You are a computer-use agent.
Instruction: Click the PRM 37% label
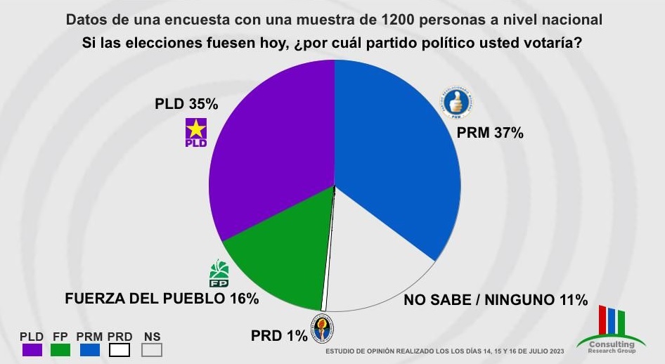click(490, 133)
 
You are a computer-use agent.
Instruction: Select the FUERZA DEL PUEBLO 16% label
click(162, 298)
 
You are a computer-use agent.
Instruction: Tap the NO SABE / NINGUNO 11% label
click(495, 300)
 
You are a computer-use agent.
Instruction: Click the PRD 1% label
click(279, 335)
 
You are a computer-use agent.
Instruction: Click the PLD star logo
click(195, 132)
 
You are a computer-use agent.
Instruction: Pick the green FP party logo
click(219, 274)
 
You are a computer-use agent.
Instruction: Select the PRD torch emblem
click(323, 328)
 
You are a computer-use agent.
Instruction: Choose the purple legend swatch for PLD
click(32, 349)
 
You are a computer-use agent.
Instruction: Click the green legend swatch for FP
click(61, 349)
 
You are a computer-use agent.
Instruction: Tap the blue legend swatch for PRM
click(91, 349)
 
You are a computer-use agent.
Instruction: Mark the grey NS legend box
click(151, 349)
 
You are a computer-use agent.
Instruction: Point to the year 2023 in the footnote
click(553, 351)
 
